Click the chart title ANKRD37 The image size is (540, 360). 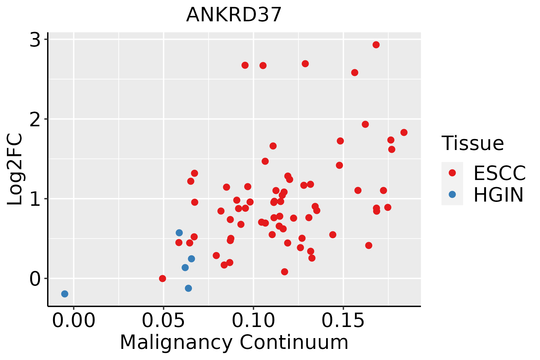(234, 15)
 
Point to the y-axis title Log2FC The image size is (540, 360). (15, 169)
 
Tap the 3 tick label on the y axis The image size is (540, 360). (35, 40)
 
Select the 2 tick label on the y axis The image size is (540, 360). (35, 119)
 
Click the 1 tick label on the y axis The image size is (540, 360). (35, 199)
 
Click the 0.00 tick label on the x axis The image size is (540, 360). (74, 321)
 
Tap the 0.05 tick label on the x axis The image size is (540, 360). (163, 321)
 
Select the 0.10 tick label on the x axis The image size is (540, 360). (253, 321)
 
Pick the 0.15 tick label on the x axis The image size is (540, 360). (343, 321)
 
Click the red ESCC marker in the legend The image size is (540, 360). (452, 173)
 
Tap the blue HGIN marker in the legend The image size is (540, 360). (452, 194)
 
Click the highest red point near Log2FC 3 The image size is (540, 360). (376, 45)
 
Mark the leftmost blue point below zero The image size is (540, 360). (64, 294)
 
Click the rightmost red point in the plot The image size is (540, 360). (404, 132)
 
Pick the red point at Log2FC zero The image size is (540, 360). (162, 278)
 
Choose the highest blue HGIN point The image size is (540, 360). (179, 232)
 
